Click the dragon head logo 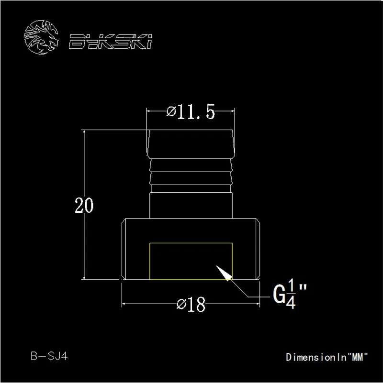coord(41,37)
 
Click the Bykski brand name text coord(110,41)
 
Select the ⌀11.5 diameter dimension coord(191,112)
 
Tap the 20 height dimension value coord(84,205)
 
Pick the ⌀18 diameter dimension coord(191,305)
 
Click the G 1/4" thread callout coord(290,294)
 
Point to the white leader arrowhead coord(224,273)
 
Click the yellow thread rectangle coord(191,243)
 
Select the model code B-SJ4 coord(49,356)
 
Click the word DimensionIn coord(316,357)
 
